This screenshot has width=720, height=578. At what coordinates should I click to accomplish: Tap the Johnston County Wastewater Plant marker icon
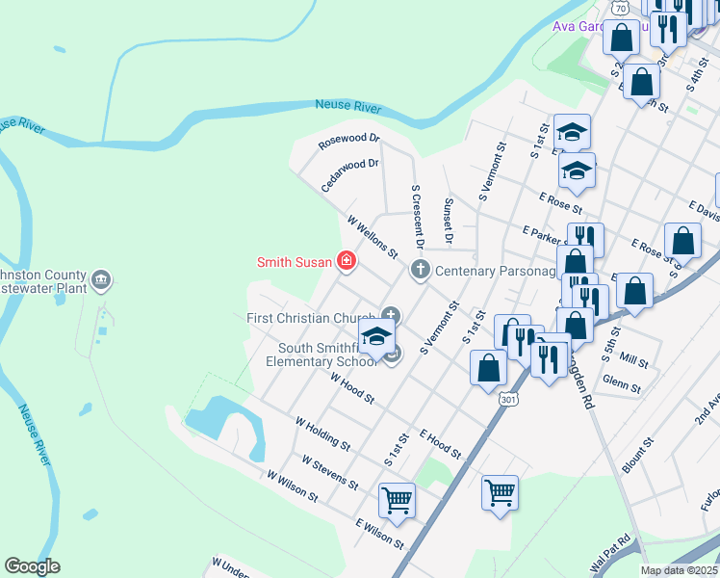(101, 281)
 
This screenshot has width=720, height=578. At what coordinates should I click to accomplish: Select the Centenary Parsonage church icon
(419, 270)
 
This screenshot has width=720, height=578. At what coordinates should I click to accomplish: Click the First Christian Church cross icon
(390, 314)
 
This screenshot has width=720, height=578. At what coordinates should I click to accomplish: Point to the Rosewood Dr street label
(349, 141)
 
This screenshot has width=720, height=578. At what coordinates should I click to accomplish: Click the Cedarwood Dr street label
(350, 174)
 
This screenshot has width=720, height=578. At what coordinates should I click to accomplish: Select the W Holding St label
(322, 433)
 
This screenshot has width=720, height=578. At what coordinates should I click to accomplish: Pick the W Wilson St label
(293, 486)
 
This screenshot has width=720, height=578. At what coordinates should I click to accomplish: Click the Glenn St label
(621, 383)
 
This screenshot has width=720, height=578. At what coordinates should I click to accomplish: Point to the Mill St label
(634, 358)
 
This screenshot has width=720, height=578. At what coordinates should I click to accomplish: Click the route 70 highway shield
(622, 8)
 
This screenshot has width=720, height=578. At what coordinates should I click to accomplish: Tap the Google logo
(32, 566)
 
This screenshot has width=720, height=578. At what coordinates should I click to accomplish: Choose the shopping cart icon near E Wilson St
(397, 501)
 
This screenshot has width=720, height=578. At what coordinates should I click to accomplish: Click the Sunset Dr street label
(448, 221)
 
